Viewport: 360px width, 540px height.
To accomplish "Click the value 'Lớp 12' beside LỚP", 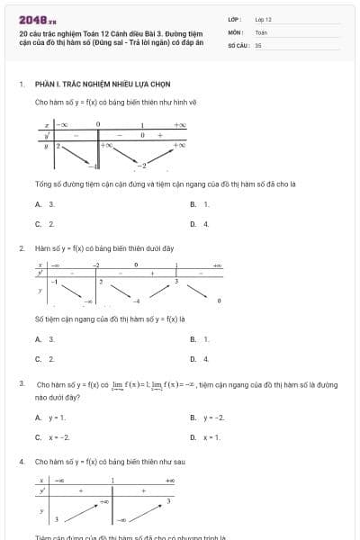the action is coord(263,19).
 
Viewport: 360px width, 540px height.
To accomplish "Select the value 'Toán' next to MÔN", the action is coord(261,31).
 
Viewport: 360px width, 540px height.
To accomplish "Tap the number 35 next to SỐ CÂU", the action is coord(258,44).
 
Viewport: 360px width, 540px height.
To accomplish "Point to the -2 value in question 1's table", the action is coord(141,166).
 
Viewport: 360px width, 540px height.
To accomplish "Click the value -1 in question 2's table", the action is coord(54,283).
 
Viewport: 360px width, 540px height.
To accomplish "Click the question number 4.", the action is coord(21,461).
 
